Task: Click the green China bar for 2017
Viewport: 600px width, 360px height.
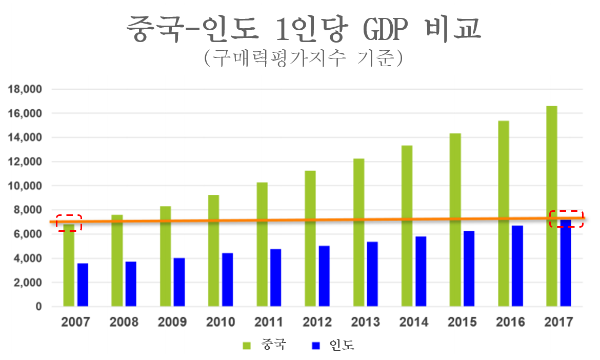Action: click(x=551, y=205)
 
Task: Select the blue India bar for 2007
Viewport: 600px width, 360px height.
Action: click(x=83, y=285)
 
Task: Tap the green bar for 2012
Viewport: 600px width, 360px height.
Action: click(x=310, y=238)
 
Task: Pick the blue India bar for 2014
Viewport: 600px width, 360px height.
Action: click(x=421, y=271)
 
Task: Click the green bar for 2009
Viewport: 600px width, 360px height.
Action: click(x=165, y=256)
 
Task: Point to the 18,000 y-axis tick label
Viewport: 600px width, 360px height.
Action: click(x=24, y=89)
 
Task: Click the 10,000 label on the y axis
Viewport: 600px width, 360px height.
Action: click(x=24, y=186)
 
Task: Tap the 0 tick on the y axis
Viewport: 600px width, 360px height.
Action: click(x=38, y=307)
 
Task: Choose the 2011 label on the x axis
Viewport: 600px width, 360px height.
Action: click(x=269, y=322)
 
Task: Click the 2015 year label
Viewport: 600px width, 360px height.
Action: click(x=462, y=322)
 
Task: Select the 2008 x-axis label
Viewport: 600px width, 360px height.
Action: click(x=124, y=322)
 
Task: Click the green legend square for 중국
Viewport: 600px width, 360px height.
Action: click(x=247, y=345)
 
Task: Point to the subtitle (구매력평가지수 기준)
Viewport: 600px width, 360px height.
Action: click(x=303, y=58)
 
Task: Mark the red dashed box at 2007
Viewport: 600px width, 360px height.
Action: click(x=69, y=223)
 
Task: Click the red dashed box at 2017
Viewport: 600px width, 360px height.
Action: click(x=566, y=218)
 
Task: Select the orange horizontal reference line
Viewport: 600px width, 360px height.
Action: click(x=308, y=220)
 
